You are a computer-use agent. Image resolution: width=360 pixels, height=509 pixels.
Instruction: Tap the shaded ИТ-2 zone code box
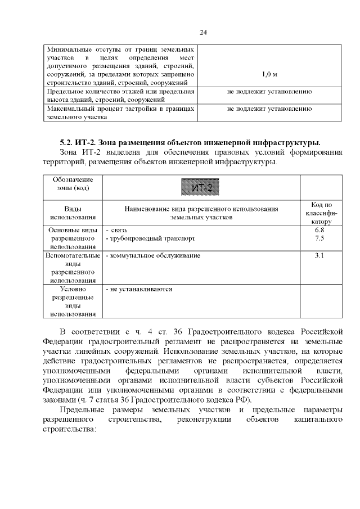(201, 187)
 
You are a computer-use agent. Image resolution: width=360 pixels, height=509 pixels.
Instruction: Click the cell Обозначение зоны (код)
(73, 183)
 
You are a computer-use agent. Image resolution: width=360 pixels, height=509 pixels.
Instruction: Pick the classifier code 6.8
(319, 231)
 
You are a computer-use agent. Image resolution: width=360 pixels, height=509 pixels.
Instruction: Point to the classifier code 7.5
(319, 238)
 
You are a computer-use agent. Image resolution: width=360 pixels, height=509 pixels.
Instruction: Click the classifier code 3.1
(319, 256)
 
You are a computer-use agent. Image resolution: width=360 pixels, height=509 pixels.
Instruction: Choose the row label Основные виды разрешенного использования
(73, 238)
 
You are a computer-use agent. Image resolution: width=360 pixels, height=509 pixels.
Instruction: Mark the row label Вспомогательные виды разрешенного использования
(73, 268)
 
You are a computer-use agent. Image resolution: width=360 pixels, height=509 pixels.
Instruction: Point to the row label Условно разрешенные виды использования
(73, 301)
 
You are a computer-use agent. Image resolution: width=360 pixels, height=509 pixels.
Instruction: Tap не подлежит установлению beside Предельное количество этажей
(269, 92)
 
